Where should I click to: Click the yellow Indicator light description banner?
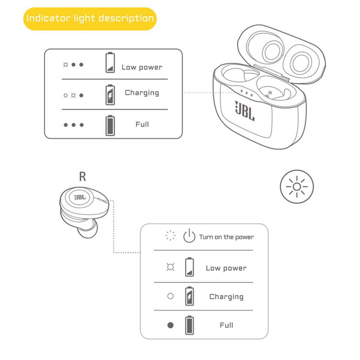tap(90, 19)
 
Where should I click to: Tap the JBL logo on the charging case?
tap(245, 110)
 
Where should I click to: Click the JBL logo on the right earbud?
tap(80, 197)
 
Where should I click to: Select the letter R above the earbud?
tap(82, 176)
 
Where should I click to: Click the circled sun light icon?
tap(297, 186)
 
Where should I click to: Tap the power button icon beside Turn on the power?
tap(189, 236)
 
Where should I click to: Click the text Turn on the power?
tap(226, 237)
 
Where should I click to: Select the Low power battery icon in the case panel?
tap(110, 63)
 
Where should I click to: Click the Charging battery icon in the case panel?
tap(110, 94)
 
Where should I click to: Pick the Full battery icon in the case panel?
tap(110, 125)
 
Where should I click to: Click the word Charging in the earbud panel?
tap(226, 297)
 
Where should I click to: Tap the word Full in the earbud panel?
tap(226, 325)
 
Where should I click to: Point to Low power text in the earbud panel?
tap(226, 268)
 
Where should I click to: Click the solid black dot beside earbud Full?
tap(170, 325)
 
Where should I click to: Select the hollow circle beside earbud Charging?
tap(170, 296)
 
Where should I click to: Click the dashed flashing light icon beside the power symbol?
tap(171, 236)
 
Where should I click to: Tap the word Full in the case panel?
tap(142, 124)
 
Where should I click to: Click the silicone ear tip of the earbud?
tap(87, 230)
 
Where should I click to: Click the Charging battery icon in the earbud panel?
tap(190, 296)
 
